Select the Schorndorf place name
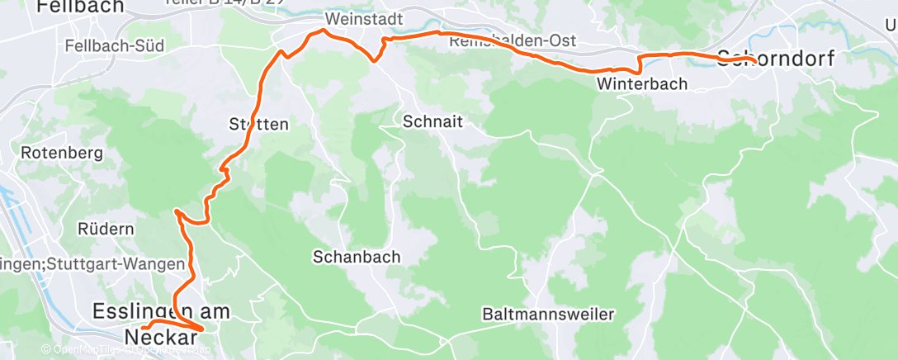(776, 58)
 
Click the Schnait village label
(432, 121)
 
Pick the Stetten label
(258, 125)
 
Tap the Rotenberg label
(61, 153)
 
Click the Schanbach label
(357, 257)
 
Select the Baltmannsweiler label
(549, 315)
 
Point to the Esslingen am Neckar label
(161, 324)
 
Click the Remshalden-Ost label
(513, 40)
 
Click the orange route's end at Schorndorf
(754, 59)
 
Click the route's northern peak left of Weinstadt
(321, 31)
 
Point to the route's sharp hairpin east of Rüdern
(177, 212)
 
